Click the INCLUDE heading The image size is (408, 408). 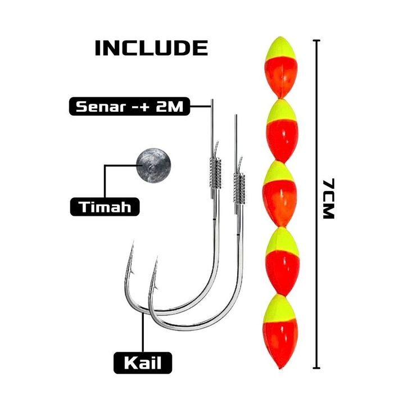(x=151, y=48)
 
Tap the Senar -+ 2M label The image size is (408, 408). (x=129, y=106)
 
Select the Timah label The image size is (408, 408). (x=105, y=207)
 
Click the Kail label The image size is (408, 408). (x=143, y=362)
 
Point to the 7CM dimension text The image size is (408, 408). (x=328, y=199)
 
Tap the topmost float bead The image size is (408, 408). (x=280, y=67)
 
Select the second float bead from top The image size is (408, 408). (x=282, y=131)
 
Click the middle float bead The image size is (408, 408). (x=279, y=194)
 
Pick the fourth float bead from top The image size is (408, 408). (x=282, y=261)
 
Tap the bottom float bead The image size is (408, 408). (x=280, y=332)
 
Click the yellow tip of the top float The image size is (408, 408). (x=280, y=49)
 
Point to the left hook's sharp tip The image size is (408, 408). (x=133, y=242)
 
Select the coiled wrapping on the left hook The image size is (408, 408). (x=215, y=173)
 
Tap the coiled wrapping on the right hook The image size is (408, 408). (x=239, y=188)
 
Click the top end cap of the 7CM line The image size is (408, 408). (x=316, y=40)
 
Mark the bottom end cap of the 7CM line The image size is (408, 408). (x=316, y=368)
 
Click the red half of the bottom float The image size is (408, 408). (x=280, y=344)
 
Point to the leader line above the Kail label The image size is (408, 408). (x=143, y=333)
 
